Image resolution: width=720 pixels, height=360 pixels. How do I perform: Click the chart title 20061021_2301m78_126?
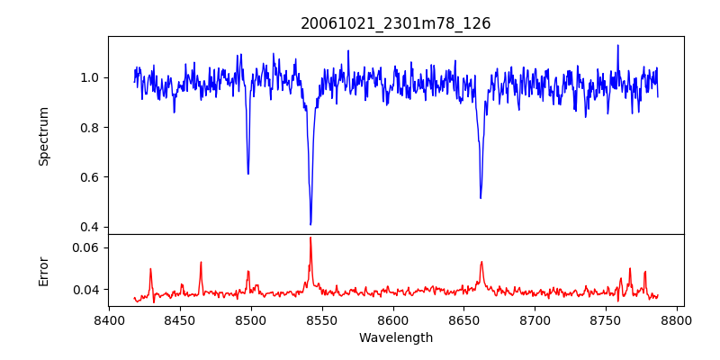(396, 23)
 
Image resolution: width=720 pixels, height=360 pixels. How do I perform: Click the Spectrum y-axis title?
(43, 136)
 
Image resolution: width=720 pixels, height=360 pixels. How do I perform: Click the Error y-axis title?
(43, 270)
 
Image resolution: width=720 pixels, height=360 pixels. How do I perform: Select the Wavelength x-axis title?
(396, 338)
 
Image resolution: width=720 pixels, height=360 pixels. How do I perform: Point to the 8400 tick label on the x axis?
(109, 319)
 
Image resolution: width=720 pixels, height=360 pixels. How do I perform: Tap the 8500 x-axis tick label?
(251, 319)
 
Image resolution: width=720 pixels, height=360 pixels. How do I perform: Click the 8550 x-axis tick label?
(322, 319)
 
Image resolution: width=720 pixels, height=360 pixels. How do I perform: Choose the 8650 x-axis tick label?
(464, 319)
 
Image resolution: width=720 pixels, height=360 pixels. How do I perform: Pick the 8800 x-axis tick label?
(678, 319)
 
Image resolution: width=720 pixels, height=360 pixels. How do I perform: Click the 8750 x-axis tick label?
(607, 319)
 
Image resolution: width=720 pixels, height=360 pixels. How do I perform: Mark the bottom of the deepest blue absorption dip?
(310, 224)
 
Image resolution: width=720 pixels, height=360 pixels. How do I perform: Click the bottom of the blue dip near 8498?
(248, 174)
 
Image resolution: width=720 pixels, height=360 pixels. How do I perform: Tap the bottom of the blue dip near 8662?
(481, 198)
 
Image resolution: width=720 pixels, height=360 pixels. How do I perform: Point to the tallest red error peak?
(310, 238)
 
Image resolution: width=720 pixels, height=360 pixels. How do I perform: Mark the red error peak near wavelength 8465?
(201, 263)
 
